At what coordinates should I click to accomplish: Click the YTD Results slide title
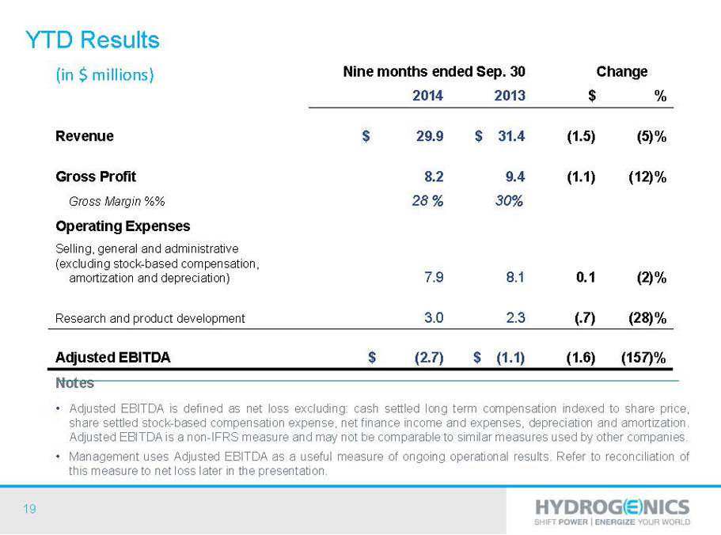tap(93, 40)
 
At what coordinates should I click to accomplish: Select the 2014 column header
tap(427, 96)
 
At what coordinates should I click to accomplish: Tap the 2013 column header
tap(510, 96)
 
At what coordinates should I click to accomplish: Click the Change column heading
tap(622, 72)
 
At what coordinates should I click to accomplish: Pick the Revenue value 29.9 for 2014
tap(430, 136)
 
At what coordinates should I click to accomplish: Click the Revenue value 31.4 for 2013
tap(511, 136)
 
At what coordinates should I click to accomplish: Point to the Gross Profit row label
tap(96, 176)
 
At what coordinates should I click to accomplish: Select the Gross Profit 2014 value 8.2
tap(434, 176)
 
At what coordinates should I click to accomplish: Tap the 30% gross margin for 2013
tap(509, 201)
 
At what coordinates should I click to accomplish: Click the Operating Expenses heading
tap(123, 226)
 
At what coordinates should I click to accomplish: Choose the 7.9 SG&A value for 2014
tap(434, 277)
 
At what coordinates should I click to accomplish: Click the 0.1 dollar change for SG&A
tap(586, 277)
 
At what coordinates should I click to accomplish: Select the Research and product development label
tap(150, 318)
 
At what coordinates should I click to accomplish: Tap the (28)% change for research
tap(647, 318)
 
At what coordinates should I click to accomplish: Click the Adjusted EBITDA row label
tap(112, 358)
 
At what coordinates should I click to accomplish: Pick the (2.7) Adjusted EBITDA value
tap(429, 358)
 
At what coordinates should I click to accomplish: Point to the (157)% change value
tap(643, 358)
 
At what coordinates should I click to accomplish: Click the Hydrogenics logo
tap(612, 511)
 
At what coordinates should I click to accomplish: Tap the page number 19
tap(29, 509)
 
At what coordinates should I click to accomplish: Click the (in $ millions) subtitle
tap(104, 74)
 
